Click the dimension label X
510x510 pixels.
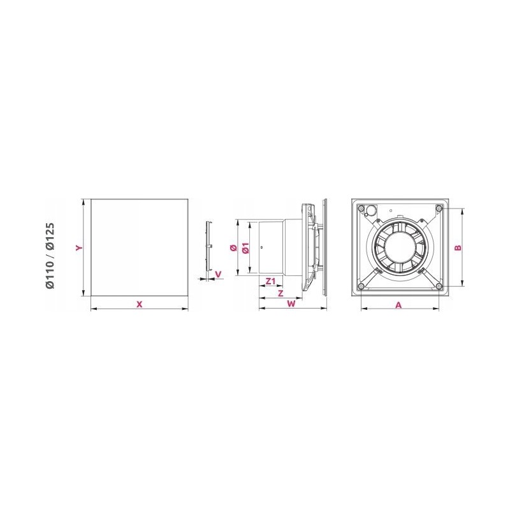[x=139, y=305]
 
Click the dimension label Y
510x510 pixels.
[x=79, y=248]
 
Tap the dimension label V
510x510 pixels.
[x=218, y=275]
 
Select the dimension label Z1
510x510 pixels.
[x=270, y=281]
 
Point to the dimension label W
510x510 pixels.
[x=291, y=304]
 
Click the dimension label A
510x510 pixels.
[x=398, y=305]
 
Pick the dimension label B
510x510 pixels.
[x=458, y=248]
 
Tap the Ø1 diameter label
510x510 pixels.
[x=246, y=248]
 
